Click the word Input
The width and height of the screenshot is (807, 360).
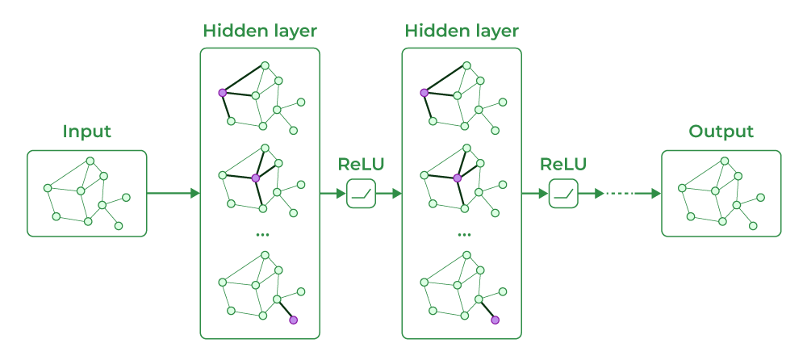tap(86, 132)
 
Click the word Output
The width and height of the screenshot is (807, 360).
tap(721, 132)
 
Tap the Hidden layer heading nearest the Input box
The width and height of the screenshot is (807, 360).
tap(260, 31)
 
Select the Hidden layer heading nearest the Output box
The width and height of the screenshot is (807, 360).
tap(462, 31)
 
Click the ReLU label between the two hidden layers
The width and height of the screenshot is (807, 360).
tap(361, 165)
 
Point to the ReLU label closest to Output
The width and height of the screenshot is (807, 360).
tap(563, 165)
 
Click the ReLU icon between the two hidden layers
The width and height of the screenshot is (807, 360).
tap(362, 193)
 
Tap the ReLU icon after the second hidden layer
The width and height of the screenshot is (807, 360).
tap(563, 193)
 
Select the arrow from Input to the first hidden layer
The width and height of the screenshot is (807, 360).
tap(174, 193)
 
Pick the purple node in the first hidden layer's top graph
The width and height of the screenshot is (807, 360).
tap(223, 93)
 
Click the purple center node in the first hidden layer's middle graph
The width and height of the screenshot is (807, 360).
tap(255, 178)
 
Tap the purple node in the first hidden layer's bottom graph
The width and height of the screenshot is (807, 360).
tap(294, 320)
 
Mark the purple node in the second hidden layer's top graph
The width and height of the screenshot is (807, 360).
tap(424, 93)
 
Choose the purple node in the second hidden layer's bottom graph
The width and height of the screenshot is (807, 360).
tap(495, 320)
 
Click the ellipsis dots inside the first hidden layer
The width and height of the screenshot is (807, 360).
tap(262, 235)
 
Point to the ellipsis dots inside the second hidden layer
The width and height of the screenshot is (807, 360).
tap(464, 235)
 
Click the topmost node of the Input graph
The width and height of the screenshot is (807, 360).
tap(90, 161)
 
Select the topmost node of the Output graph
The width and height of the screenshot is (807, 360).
tap(725, 161)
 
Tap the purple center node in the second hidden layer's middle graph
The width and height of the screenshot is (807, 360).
tap(457, 178)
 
